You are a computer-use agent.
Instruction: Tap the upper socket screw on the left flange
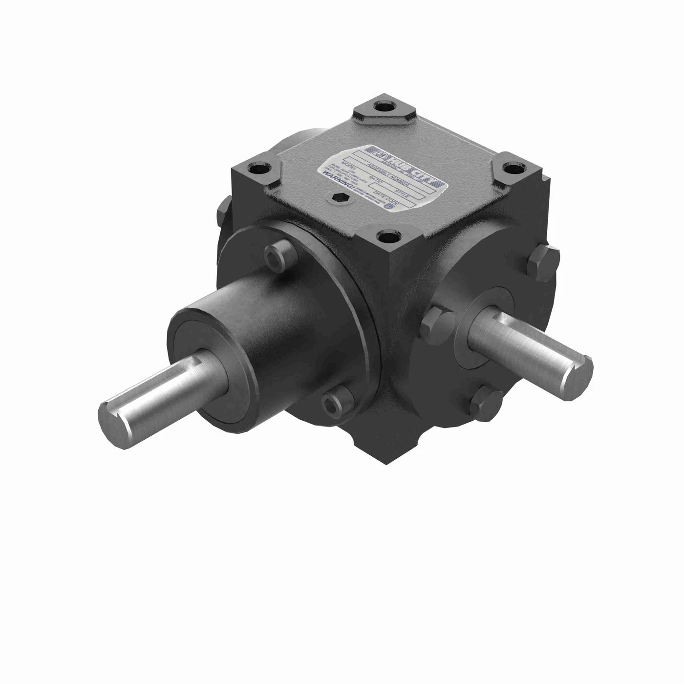pyautogui.click(x=275, y=253)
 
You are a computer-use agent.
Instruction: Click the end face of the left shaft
pyautogui.click(x=115, y=416)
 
